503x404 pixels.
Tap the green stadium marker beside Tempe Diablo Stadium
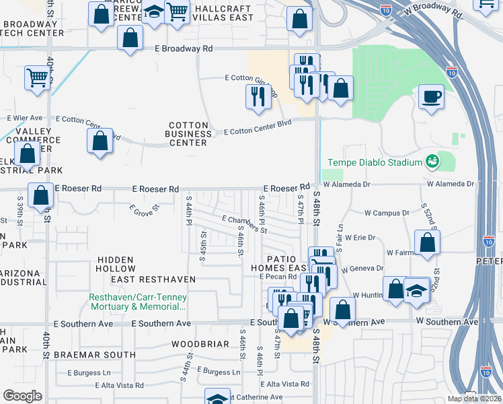pyautogui.click(x=431, y=162)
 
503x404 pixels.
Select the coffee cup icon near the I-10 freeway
pyautogui.click(x=430, y=96)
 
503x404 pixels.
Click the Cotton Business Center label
pyautogui.click(x=188, y=134)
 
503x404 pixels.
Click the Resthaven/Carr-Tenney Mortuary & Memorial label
pyautogui.click(x=138, y=302)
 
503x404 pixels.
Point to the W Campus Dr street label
pyautogui.click(x=387, y=213)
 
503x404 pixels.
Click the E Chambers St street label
pyautogui.click(x=245, y=223)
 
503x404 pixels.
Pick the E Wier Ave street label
pyautogui.click(x=25, y=118)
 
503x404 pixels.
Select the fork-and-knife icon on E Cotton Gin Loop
pyautogui.click(x=258, y=97)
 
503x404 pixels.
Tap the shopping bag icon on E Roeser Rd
pyautogui.click(x=41, y=195)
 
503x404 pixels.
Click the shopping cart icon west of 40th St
pyautogui.click(x=37, y=77)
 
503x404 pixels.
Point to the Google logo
pyautogui.click(x=22, y=396)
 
